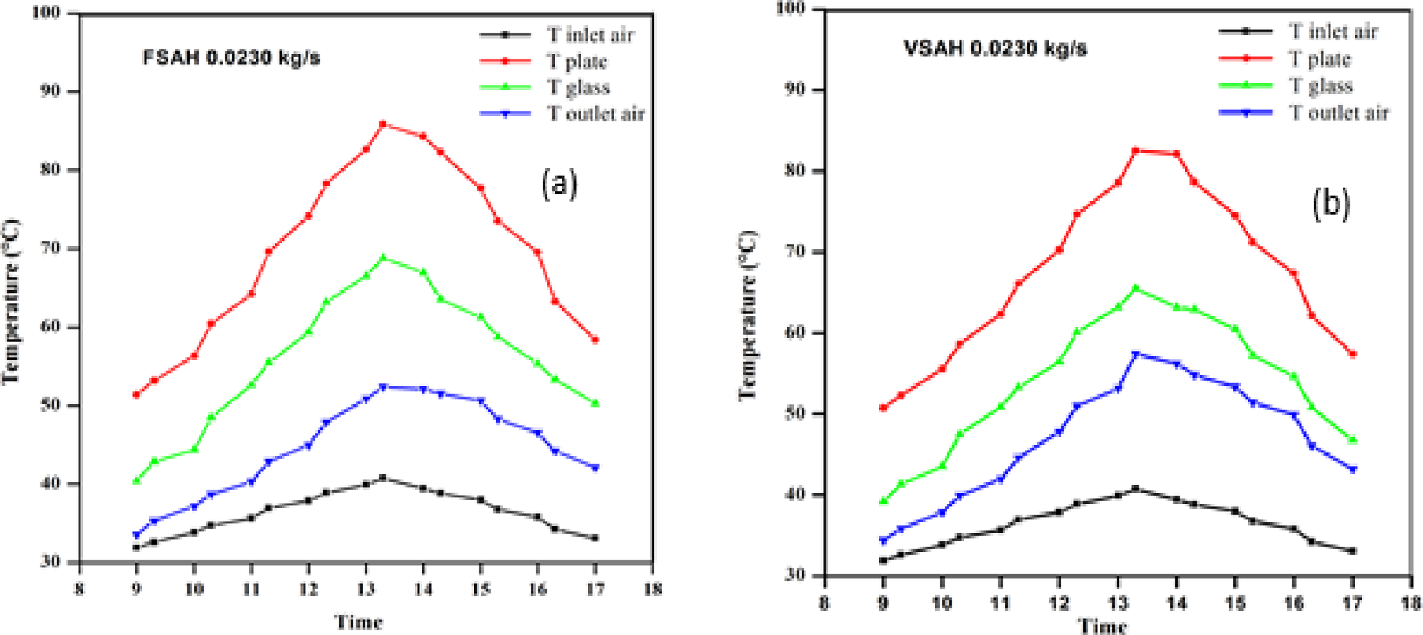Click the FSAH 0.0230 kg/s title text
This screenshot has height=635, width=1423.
point(231,58)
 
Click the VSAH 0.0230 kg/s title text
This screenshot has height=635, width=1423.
point(995,49)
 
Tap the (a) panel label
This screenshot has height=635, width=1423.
point(559,184)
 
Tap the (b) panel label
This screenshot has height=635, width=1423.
point(1330,204)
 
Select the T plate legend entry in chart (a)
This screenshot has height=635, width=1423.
point(577,61)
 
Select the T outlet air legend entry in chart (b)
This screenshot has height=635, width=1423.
point(1338,113)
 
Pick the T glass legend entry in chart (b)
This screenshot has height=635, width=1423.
point(1320,86)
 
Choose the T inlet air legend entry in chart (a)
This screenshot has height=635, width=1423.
point(590,35)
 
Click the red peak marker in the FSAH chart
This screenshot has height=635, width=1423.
point(383,124)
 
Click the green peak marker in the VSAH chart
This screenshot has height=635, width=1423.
point(1135,288)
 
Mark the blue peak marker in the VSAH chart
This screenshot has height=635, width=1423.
point(1135,354)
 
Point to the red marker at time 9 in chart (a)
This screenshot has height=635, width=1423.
point(136,395)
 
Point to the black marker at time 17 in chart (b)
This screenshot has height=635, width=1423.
point(1353,551)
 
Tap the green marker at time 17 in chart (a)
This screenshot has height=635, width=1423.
point(595,403)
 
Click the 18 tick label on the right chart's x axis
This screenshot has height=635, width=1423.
point(1411,604)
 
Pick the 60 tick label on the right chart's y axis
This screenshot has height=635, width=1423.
point(797,333)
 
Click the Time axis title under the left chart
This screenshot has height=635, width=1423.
point(359,622)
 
